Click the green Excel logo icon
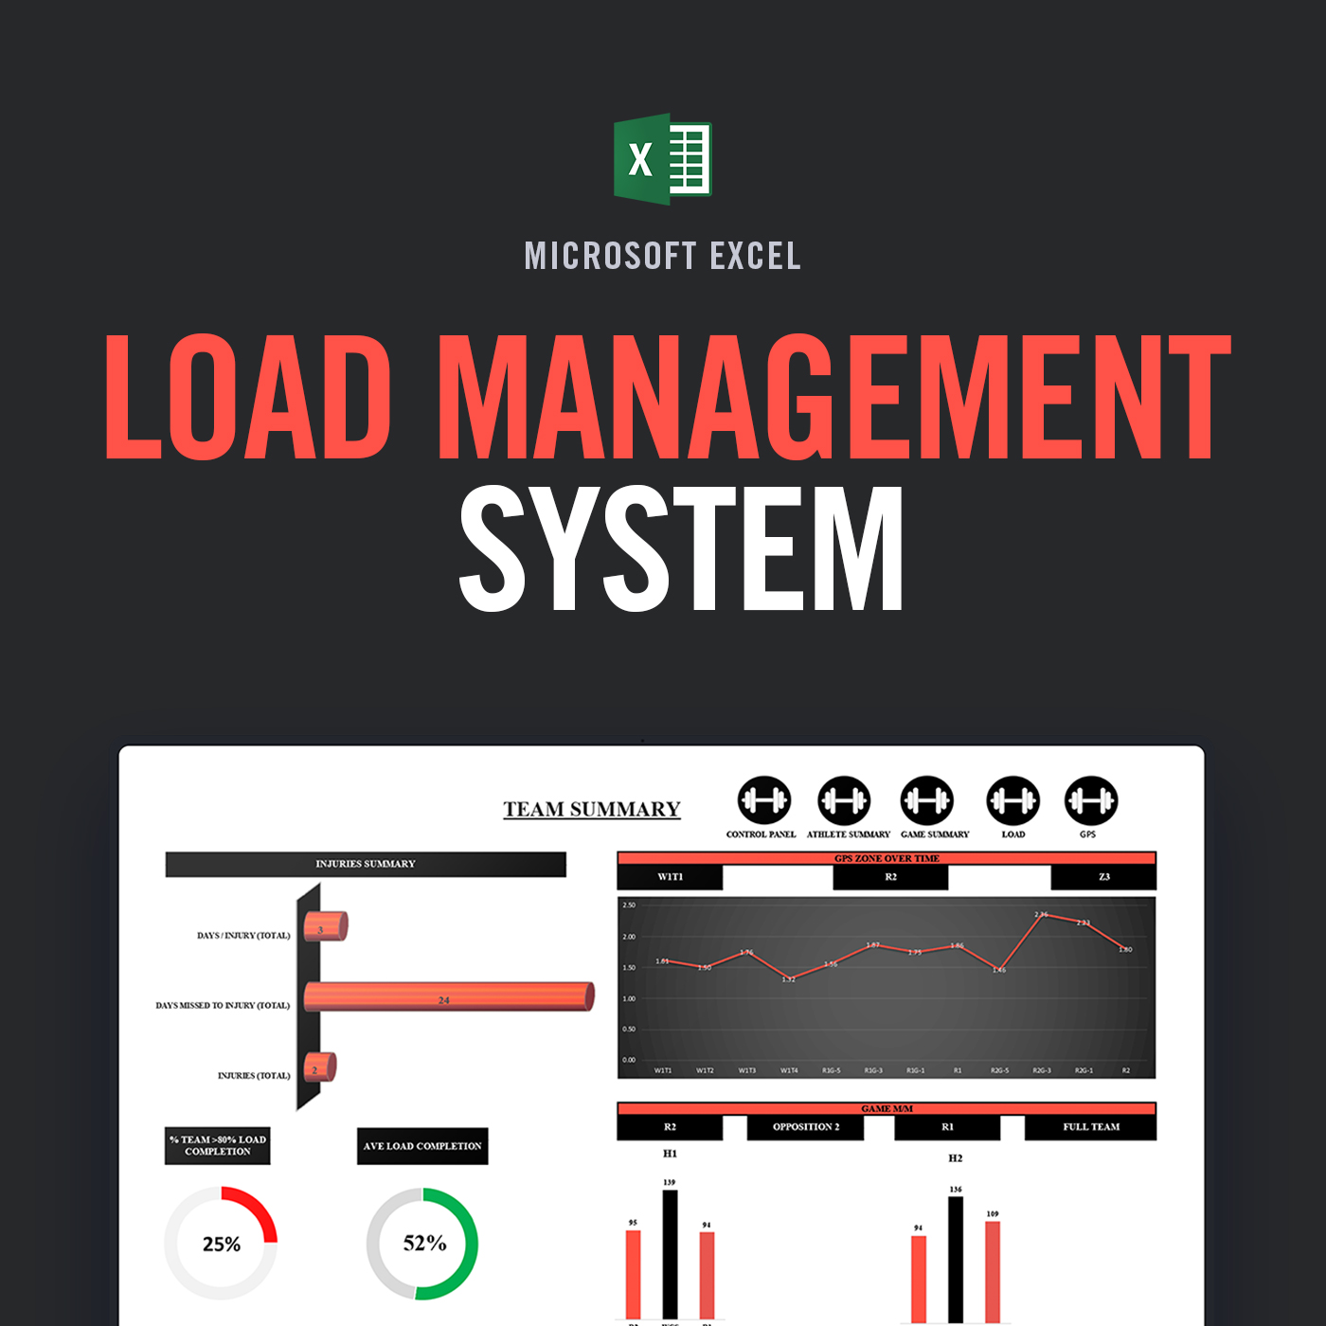click(662, 159)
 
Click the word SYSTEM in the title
click(681, 548)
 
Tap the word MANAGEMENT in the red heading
click(833, 398)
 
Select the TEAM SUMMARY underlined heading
click(592, 810)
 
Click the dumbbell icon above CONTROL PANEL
click(763, 801)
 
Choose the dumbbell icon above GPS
click(1090, 801)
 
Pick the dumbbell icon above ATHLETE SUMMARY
click(844, 801)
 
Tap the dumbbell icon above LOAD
click(1012, 801)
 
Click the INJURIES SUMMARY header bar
click(366, 864)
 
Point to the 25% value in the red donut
click(222, 1245)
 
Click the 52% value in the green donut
click(424, 1243)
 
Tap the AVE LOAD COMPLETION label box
click(422, 1146)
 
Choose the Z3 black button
click(1103, 877)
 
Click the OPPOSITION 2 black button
click(806, 1127)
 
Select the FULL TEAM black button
click(1090, 1127)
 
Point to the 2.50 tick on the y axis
click(629, 905)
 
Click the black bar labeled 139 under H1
click(670, 1254)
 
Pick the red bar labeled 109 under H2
click(993, 1271)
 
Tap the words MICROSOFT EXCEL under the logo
click(662, 256)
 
